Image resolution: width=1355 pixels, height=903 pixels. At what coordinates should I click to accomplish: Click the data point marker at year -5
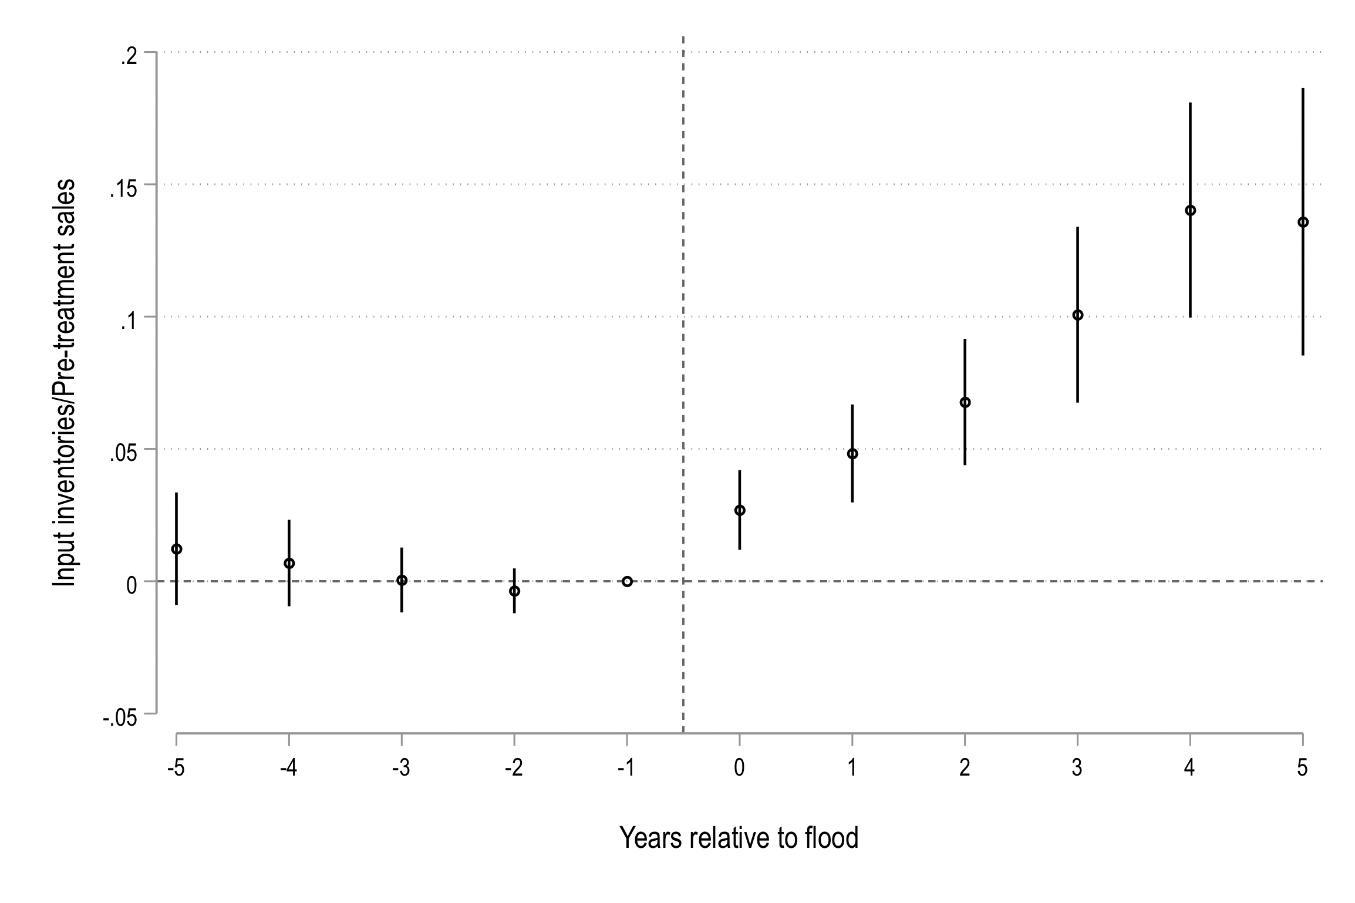176,549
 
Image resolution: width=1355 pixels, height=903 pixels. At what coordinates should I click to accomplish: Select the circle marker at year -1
627,581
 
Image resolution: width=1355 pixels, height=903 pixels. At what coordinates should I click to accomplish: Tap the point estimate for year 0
740,510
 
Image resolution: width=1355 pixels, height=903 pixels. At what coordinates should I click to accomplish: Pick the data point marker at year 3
1078,315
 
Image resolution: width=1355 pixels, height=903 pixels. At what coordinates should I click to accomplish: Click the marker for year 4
1191,210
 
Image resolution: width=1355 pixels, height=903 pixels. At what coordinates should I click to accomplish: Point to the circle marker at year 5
1303,222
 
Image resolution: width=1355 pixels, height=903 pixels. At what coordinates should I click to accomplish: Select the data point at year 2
965,402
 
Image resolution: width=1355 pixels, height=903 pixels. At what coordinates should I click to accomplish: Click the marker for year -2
514,591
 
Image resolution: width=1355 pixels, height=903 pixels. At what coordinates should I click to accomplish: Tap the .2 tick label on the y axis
129,57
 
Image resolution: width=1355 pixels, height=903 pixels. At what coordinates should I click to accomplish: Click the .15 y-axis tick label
123,189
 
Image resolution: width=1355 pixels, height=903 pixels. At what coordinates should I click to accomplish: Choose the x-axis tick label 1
852,769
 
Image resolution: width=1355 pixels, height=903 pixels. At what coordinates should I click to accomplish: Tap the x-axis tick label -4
288,769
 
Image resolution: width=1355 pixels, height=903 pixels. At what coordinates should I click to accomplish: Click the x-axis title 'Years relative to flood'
739,838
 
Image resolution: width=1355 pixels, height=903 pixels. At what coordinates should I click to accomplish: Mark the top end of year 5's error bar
1303,89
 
